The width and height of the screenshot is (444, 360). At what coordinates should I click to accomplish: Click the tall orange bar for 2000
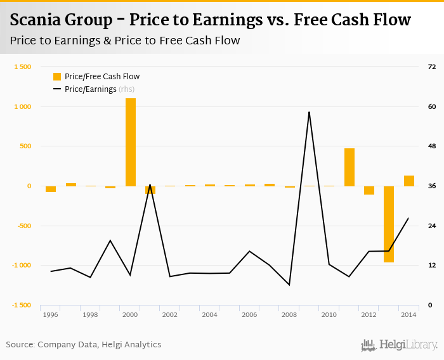point(130,142)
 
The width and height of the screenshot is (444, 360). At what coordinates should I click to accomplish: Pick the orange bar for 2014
point(408,181)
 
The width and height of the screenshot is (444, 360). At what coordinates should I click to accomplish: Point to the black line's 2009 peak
point(309,112)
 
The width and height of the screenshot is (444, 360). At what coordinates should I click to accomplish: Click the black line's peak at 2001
point(150,185)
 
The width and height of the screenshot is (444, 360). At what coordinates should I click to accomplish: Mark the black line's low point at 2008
point(289,285)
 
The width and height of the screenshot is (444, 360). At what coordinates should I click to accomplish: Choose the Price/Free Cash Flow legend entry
point(101,77)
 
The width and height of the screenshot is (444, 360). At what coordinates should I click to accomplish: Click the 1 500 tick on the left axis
point(22,67)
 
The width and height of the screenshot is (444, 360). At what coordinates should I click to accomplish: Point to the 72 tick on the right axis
point(431,67)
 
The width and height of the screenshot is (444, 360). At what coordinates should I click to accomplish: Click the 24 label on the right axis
point(431,226)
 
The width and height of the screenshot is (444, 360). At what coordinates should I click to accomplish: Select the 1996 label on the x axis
point(51,314)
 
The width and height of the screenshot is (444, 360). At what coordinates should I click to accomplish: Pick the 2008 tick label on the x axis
point(289,314)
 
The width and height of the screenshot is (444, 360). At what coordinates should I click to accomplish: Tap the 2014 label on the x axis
point(408,314)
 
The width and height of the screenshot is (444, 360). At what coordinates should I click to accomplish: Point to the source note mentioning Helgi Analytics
point(83,345)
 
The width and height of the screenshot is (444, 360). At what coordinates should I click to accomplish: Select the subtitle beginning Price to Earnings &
point(125,41)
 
